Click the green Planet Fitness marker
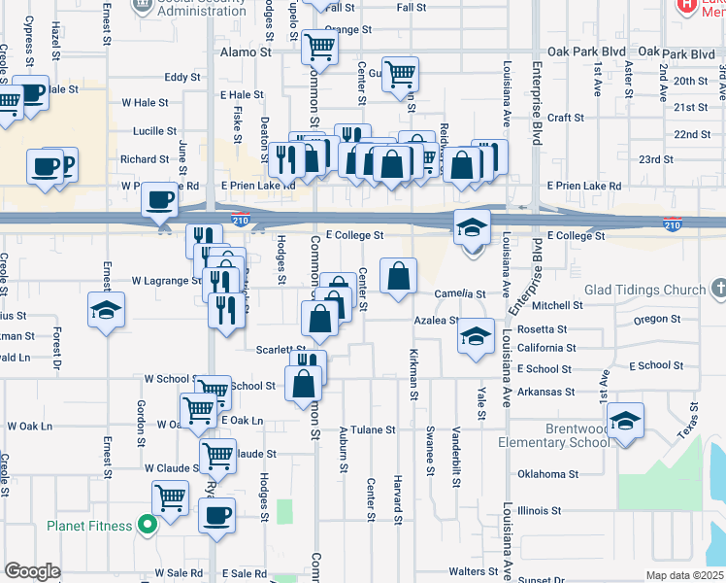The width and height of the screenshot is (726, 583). [x=148, y=526]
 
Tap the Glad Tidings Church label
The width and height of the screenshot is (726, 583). [x=644, y=290]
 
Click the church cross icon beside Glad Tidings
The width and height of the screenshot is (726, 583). [x=717, y=289]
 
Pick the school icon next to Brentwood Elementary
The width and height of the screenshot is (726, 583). [x=626, y=423]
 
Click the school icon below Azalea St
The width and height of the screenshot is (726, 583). [x=475, y=337]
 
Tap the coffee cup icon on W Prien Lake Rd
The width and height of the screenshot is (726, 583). [x=160, y=200]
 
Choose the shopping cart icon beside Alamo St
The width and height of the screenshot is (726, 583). [x=318, y=46]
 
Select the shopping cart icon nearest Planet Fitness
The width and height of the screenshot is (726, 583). [x=171, y=498]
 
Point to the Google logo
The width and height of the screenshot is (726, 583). [x=32, y=571]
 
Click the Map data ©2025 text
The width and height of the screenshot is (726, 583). [x=685, y=575]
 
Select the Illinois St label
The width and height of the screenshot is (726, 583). [x=540, y=510]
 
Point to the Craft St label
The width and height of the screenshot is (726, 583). [x=565, y=118]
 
